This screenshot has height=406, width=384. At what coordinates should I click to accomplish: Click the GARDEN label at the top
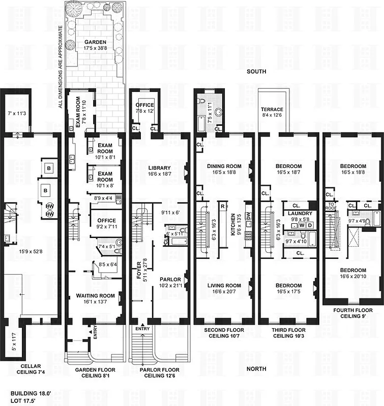click(95, 42)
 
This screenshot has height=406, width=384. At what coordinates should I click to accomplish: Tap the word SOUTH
click(256, 72)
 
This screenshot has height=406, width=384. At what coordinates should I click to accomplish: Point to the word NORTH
click(256, 369)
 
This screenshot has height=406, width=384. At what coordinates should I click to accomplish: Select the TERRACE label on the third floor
click(272, 109)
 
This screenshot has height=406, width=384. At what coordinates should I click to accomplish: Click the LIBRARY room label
click(159, 168)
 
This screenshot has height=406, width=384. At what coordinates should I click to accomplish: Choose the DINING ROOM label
click(224, 166)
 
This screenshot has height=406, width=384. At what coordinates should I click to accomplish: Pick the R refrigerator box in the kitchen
click(223, 206)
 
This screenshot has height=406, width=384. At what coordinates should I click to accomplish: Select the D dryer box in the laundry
click(309, 224)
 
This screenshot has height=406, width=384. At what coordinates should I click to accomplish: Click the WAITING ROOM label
click(95, 295)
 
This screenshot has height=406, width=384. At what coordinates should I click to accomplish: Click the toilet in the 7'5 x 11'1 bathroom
click(219, 113)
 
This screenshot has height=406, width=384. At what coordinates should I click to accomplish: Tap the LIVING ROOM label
click(224, 285)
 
